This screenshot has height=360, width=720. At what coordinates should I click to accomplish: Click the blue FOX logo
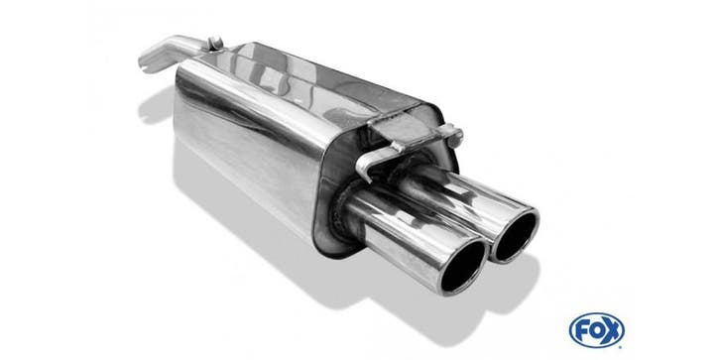pos(596,330)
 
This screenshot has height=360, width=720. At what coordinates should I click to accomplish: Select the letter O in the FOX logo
pos(596,330)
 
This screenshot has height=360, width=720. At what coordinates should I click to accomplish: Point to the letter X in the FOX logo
pos(612,330)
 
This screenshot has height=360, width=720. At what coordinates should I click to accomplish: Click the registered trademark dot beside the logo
pos(623,345)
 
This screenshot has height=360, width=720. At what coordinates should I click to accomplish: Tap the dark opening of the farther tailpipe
pos(515,236)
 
